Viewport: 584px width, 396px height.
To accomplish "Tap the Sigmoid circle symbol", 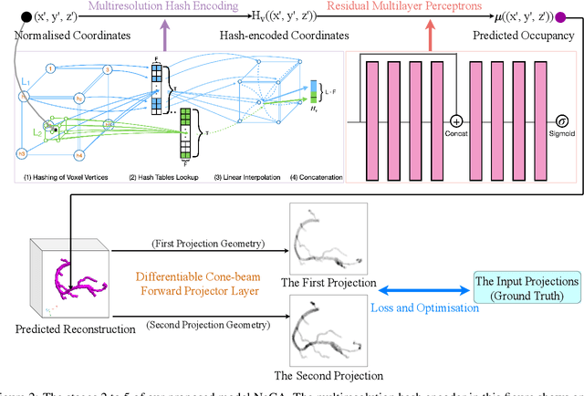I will pyautogui.click(x=561, y=120).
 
